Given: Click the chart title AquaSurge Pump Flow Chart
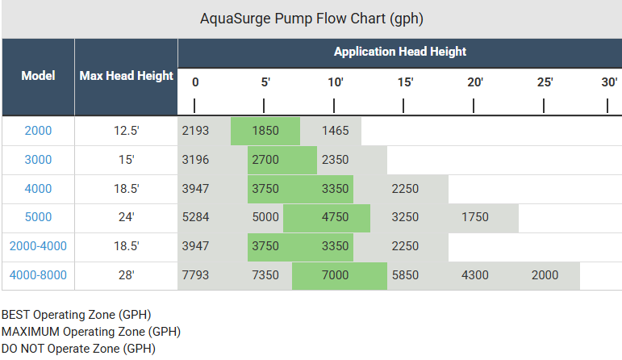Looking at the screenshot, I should click(x=311, y=19).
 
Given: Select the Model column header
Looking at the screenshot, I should click(x=38, y=76).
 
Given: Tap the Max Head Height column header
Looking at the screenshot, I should click(x=126, y=76).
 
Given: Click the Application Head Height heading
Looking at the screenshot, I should click(x=399, y=51).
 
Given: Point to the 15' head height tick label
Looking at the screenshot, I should click(x=406, y=82).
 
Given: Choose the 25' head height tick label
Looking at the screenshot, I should click(x=545, y=82).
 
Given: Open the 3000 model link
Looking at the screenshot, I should click(x=38, y=160).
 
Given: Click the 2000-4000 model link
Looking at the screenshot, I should click(x=38, y=246).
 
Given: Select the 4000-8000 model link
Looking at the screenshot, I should click(x=38, y=275).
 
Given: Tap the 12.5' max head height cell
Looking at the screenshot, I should click(x=126, y=131).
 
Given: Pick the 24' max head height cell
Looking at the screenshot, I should click(x=126, y=217).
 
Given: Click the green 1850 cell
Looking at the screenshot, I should click(x=265, y=131).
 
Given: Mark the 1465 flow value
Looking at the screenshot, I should click(x=335, y=131).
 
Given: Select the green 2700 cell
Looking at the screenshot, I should click(x=265, y=160).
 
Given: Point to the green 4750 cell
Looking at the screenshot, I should click(x=335, y=217).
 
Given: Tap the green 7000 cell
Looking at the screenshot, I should click(x=335, y=275).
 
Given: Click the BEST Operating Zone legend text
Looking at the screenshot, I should click(x=76, y=315).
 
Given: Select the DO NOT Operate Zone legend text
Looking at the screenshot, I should click(x=78, y=349).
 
